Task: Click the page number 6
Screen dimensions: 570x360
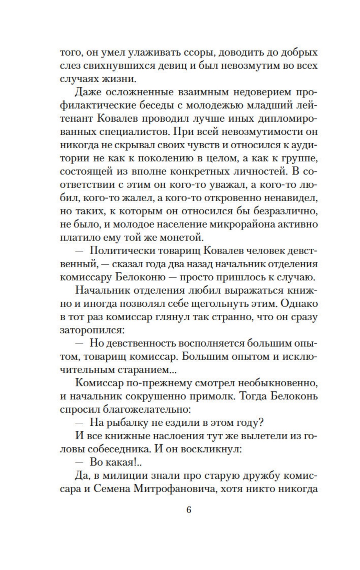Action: click(189, 510)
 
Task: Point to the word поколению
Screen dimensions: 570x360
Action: click(165, 158)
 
